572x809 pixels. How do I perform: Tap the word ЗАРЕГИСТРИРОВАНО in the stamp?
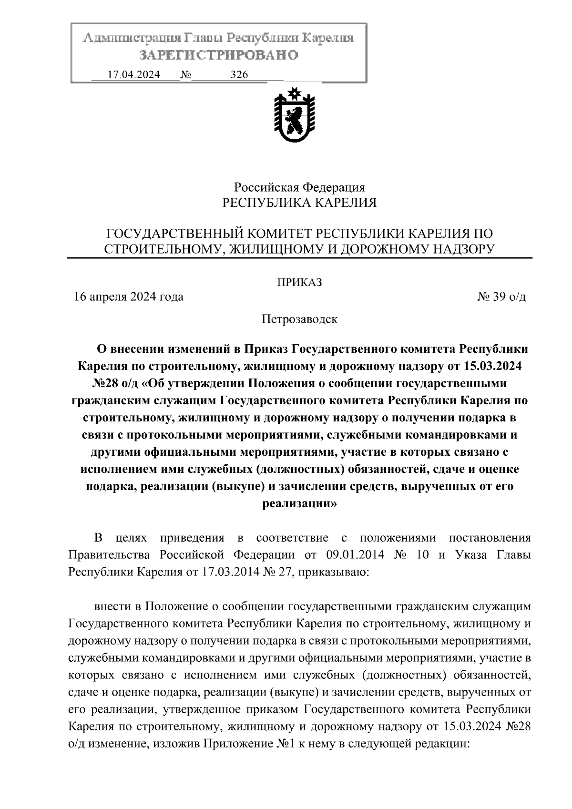point(219,55)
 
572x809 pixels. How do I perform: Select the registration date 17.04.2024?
point(133,75)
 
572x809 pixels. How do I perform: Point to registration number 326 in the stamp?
point(239,75)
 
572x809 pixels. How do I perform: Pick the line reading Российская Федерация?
point(299,187)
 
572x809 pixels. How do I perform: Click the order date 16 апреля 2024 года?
point(129,297)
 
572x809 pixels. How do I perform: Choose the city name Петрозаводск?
point(299,319)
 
